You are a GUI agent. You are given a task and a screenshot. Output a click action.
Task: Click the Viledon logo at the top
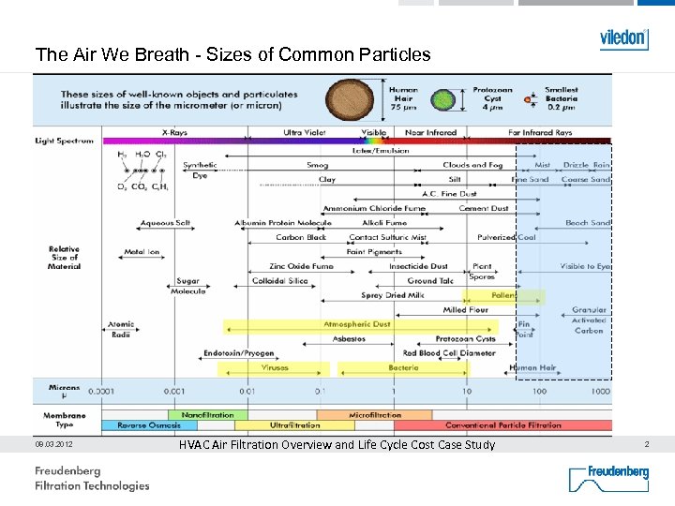click(623, 38)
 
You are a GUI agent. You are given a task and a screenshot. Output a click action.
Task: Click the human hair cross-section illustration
click(349, 98)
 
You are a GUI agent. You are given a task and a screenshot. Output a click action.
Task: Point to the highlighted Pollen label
click(503, 295)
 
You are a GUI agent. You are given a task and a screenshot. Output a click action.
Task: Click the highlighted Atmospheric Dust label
click(356, 324)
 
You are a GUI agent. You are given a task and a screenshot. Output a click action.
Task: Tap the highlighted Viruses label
click(275, 367)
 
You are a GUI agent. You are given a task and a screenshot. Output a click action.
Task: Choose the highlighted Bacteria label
click(403, 367)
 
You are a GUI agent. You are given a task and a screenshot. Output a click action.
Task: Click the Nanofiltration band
click(207, 414)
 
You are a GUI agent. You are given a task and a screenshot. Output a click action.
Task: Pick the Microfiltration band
click(375, 414)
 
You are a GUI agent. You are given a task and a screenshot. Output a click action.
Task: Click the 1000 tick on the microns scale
click(599, 390)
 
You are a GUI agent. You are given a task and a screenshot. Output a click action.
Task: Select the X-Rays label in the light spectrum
click(174, 133)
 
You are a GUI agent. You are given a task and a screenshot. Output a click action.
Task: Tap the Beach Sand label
click(587, 223)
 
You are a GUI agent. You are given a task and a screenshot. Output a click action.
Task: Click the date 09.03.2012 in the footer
click(54, 444)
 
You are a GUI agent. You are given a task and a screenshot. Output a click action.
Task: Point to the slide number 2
click(646, 444)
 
